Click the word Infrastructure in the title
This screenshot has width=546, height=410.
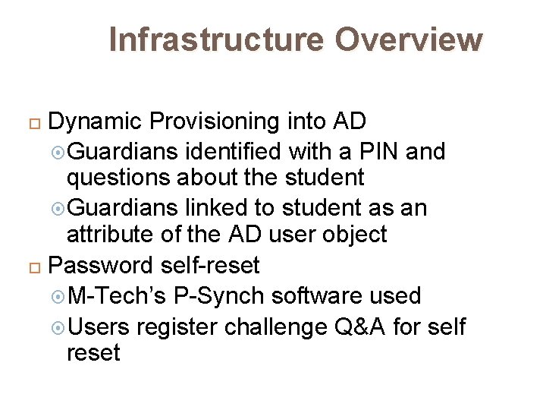216,39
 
